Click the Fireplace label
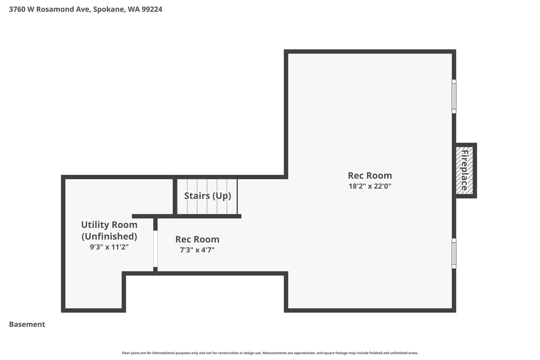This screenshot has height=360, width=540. [x=464, y=170]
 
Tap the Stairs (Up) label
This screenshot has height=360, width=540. [x=208, y=196]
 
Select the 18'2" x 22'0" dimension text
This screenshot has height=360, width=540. [x=370, y=186]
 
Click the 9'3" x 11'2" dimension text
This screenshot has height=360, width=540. [x=109, y=247]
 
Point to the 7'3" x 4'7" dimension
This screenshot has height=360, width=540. [x=197, y=250]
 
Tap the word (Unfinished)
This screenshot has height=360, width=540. [x=109, y=237]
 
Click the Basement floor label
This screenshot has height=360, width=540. [x=27, y=324]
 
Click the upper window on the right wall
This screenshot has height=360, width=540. [x=454, y=97]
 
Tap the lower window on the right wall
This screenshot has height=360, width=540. [x=454, y=253]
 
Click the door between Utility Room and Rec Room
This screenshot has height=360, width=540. [x=155, y=249]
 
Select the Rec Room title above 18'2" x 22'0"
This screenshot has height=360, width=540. [x=370, y=176]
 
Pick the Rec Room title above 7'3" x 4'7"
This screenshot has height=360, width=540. [x=197, y=239]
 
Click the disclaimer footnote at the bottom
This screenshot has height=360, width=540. [x=270, y=353]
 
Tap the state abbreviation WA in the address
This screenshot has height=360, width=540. [x=133, y=9]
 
